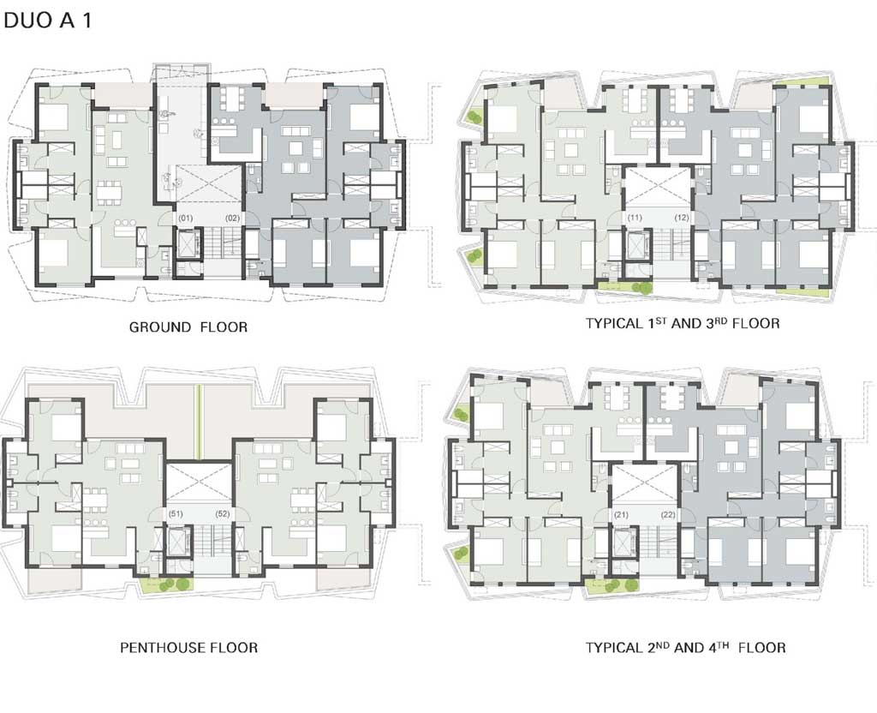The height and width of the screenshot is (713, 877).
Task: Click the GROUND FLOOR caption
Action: coord(188,327)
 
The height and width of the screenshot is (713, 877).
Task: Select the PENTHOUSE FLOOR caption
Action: coord(189,648)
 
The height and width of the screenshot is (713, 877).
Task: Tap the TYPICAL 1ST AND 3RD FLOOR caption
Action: coord(683,323)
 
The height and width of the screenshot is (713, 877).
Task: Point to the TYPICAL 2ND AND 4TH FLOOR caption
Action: coord(685,648)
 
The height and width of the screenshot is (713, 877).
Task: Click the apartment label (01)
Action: coord(185,218)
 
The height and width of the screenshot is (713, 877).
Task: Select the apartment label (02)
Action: coord(233,218)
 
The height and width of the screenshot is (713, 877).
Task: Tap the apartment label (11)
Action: coord(635,217)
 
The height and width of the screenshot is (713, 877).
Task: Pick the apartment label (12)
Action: coord(682,217)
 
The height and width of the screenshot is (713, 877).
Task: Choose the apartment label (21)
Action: coord(622,514)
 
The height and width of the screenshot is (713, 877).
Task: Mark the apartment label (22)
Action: coord(668,514)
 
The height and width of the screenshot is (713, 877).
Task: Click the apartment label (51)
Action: coord(176,513)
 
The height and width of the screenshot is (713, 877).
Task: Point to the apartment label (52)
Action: coord(223,513)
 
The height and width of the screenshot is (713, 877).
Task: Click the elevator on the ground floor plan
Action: coord(188,244)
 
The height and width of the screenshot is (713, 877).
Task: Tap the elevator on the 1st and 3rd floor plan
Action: coord(636,244)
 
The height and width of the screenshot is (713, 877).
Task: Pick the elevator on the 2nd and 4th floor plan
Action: coord(623,542)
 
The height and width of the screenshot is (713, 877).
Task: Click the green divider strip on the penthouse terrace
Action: coord(198,422)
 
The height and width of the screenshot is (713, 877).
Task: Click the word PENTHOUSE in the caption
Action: coord(163,648)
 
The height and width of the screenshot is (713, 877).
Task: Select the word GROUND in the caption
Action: coord(160,327)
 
